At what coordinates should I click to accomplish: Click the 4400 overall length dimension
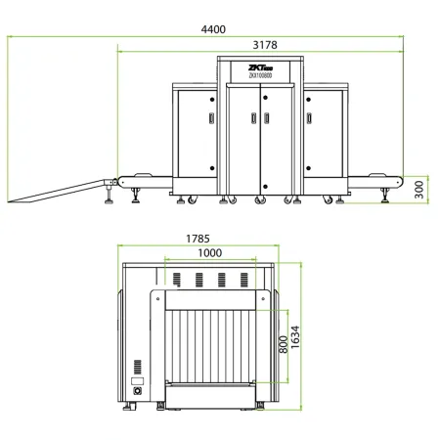coord(212,29)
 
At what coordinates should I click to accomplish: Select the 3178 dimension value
coord(259,43)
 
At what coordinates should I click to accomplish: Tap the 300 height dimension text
coord(419,189)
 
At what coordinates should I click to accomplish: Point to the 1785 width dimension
coord(198,237)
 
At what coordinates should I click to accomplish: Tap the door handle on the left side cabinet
coord(208,117)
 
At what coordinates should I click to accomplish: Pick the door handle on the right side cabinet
coord(310,117)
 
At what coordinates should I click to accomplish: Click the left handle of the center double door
coord(252,117)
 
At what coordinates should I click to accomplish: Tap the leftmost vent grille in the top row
coord(178,281)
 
